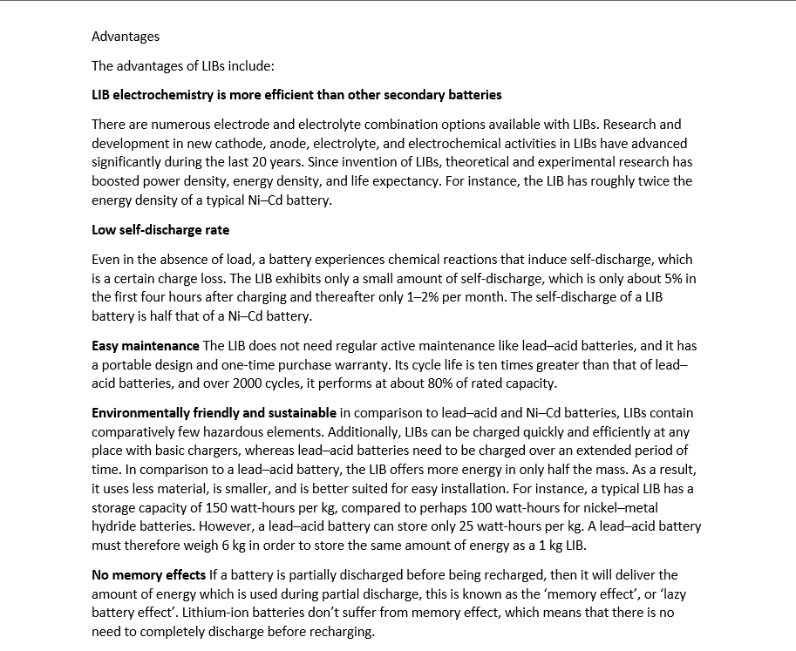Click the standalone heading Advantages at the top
click(x=126, y=37)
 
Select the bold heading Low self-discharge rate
click(x=160, y=230)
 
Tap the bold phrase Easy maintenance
click(x=146, y=346)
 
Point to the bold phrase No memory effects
click(x=149, y=575)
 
